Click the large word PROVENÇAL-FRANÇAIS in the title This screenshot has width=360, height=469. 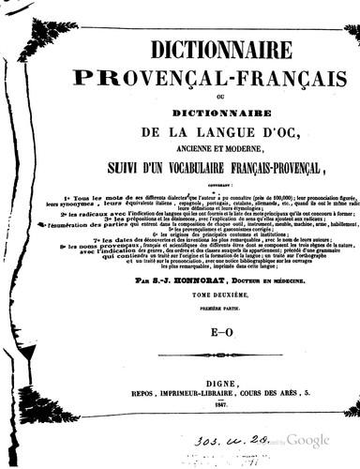coord(198,71)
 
